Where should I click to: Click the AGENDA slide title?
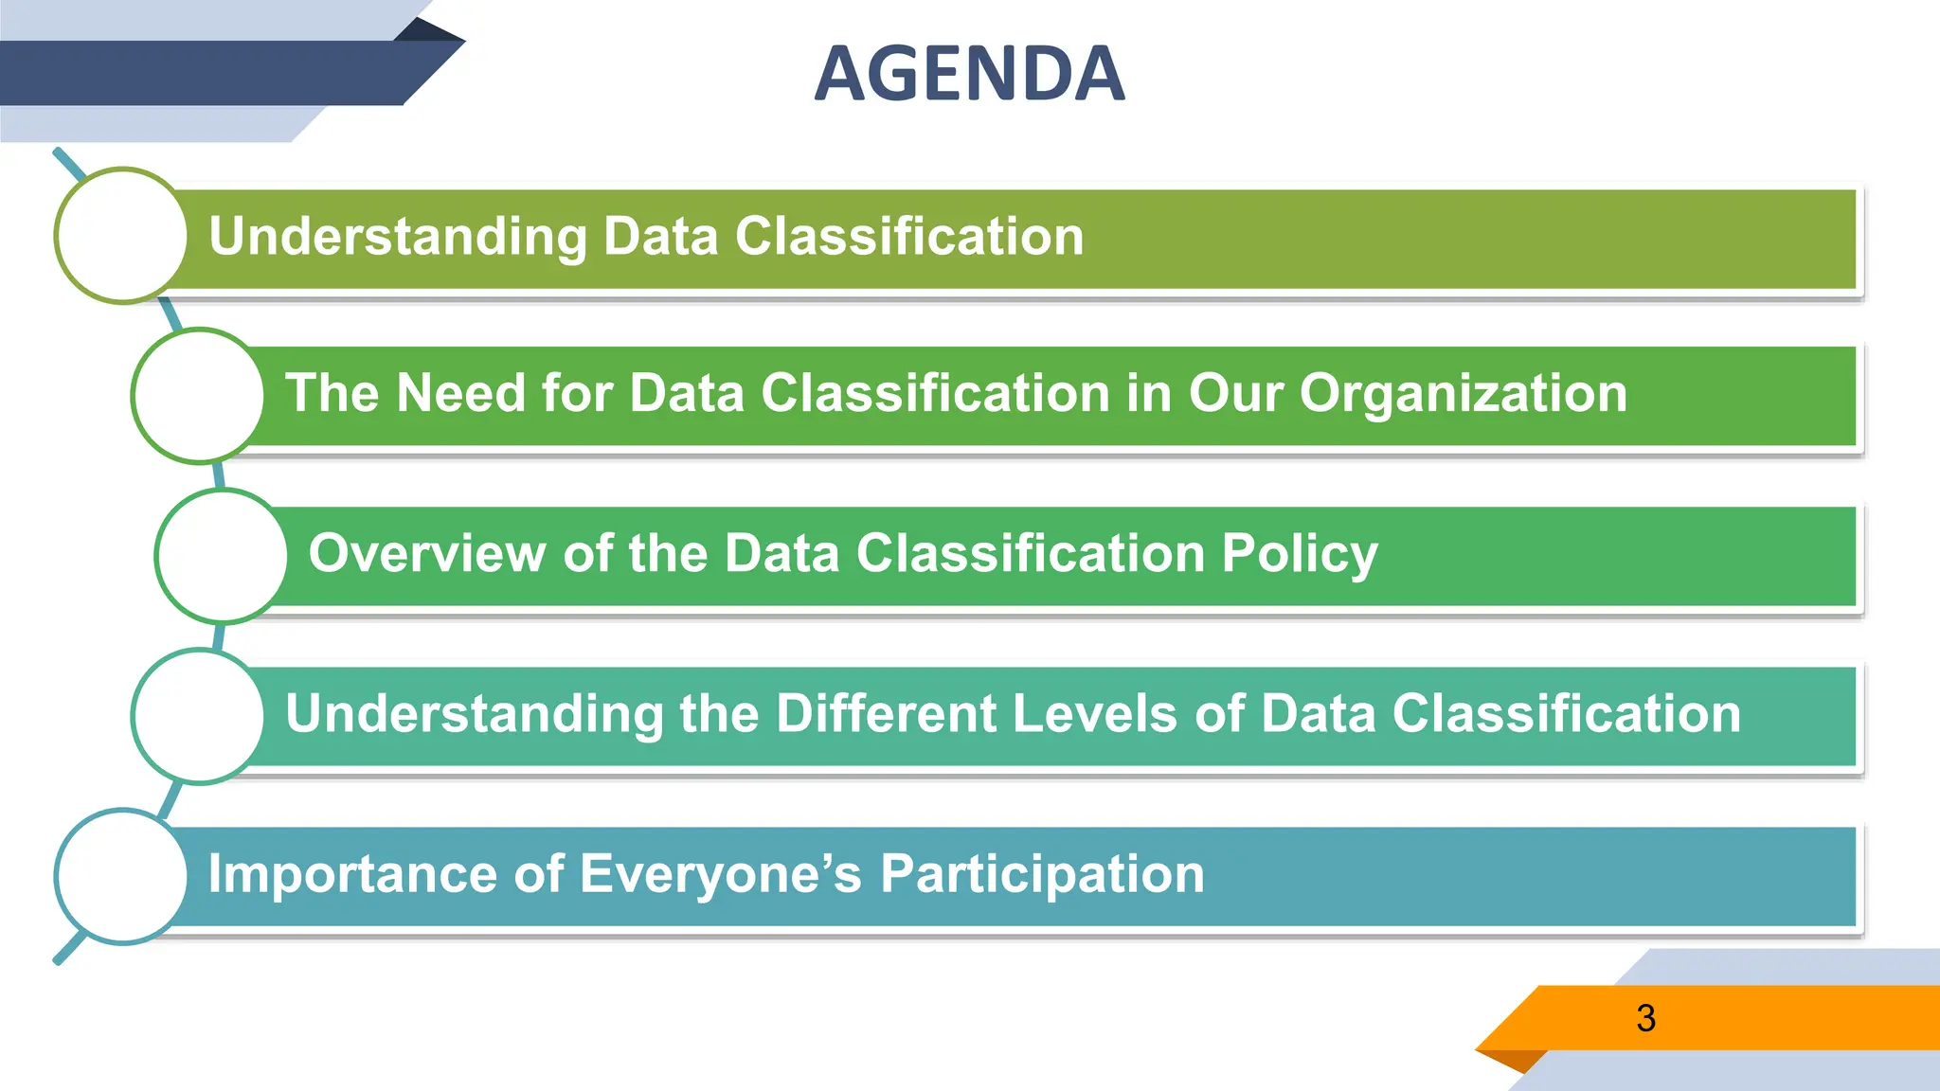coord(969,74)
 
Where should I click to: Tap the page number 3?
coord(1645,1018)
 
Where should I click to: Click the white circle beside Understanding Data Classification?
coord(121,236)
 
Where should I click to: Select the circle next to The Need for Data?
coord(198,395)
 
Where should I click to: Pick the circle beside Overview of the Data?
coord(222,556)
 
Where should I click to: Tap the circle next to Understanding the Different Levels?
coord(198,716)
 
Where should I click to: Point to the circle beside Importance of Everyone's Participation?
coord(121,876)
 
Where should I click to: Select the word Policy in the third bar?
coord(1299,554)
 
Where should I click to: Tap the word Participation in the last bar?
coord(1042,874)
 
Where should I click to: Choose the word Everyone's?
coord(720,873)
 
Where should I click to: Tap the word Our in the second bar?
coord(1235,393)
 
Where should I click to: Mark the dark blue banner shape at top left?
coord(208,73)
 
